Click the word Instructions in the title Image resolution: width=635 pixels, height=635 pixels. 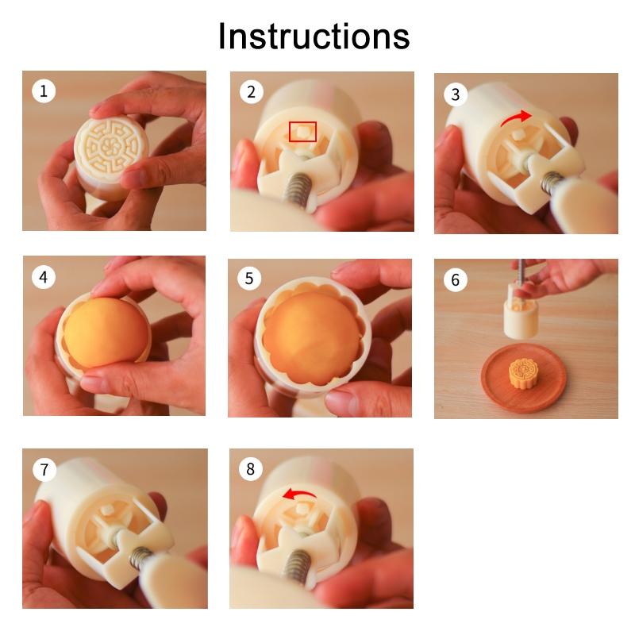pos(314,36)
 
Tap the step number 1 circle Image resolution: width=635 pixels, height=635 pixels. pos(44,90)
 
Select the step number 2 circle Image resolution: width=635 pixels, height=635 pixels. pos(251,92)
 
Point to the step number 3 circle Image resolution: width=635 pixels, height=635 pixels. pos(456,94)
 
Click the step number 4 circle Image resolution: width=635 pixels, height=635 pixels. pos(44,277)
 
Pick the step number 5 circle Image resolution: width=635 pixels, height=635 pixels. pos(249,279)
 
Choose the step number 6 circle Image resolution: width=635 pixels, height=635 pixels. pos(455,280)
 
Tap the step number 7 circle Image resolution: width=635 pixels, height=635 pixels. pos(44,469)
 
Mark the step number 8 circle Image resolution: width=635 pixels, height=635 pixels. pos(251,469)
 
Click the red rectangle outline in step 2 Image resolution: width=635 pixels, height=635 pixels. pos(302,122)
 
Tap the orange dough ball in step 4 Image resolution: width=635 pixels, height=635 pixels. pos(106,332)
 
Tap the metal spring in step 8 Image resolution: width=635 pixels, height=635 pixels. pos(297,568)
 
